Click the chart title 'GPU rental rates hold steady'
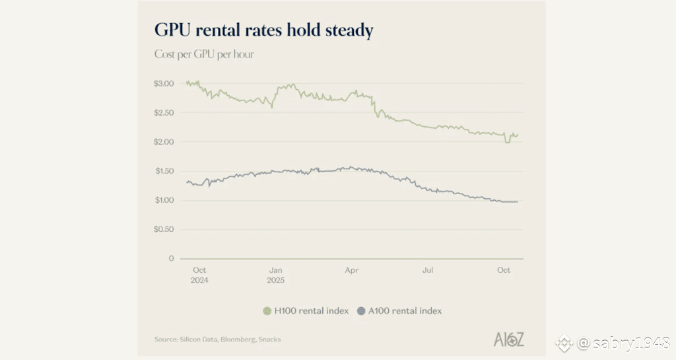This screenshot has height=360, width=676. [x=263, y=30]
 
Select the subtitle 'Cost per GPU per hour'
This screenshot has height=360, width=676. [x=204, y=54]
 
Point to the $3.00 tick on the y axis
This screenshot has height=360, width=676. [x=164, y=84]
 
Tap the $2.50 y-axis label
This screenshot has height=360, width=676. [x=164, y=113]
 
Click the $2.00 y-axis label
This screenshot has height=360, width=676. [x=164, y=142]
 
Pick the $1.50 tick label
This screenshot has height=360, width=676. [x=164, y=171]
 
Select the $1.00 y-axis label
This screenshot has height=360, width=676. [x=164, y=200]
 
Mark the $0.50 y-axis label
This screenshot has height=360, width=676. [x=164, y=229]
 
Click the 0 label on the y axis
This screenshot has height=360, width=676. [x=171, y=258]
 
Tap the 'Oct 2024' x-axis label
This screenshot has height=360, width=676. [x=200, y=275]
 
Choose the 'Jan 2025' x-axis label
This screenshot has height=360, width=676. [x=276, y=275]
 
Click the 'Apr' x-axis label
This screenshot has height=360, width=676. [x=352, y=270]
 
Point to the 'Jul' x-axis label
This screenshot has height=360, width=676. [x=428, y=270]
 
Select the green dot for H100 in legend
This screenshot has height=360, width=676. [x=267, y=310]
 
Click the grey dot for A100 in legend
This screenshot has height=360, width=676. [x=360, y=310]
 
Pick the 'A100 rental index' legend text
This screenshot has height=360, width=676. [x=404, y=310]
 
